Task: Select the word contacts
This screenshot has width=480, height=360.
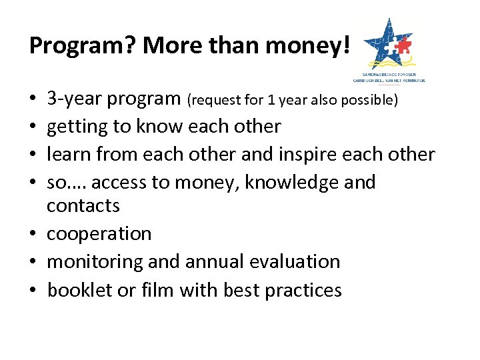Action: click(x=83, y=205)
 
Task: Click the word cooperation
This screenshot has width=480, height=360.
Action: click(x=99, y=234)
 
